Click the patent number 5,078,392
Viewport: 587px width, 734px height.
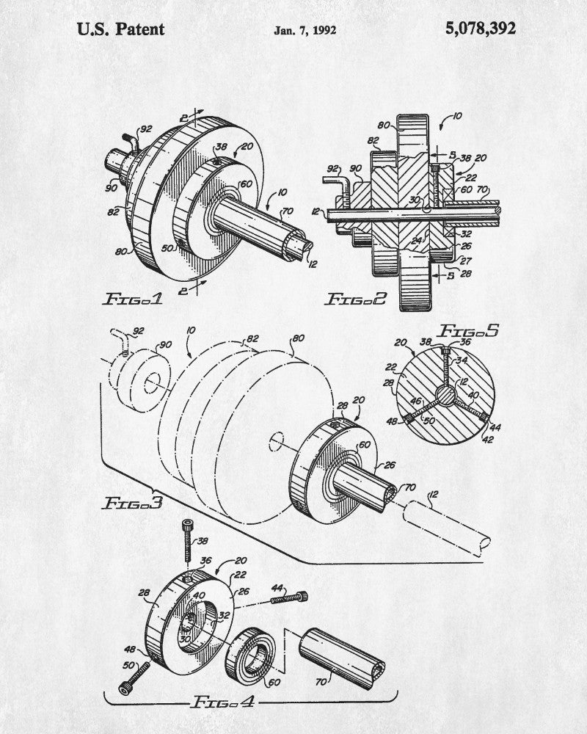point(481,29)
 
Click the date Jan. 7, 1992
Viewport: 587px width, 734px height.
point(305,30)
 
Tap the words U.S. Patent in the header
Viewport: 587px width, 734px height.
point(120,29)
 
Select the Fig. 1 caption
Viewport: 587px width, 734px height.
point(133,299)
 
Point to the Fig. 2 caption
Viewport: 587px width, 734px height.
point(356,299)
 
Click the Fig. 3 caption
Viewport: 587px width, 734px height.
point(133,503)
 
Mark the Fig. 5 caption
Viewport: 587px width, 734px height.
point(468,331)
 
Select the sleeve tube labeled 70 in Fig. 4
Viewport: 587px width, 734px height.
point(342,658)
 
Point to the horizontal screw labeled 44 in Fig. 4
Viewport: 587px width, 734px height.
point(289,597)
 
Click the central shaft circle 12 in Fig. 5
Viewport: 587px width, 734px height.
point(445,396)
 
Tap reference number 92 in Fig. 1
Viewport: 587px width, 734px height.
point(146,128)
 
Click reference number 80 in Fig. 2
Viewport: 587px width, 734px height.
point(384,125)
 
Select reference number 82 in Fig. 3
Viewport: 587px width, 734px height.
point(252,339)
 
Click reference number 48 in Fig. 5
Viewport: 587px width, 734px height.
point(392,422)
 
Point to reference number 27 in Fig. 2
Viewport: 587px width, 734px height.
point(466,261)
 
